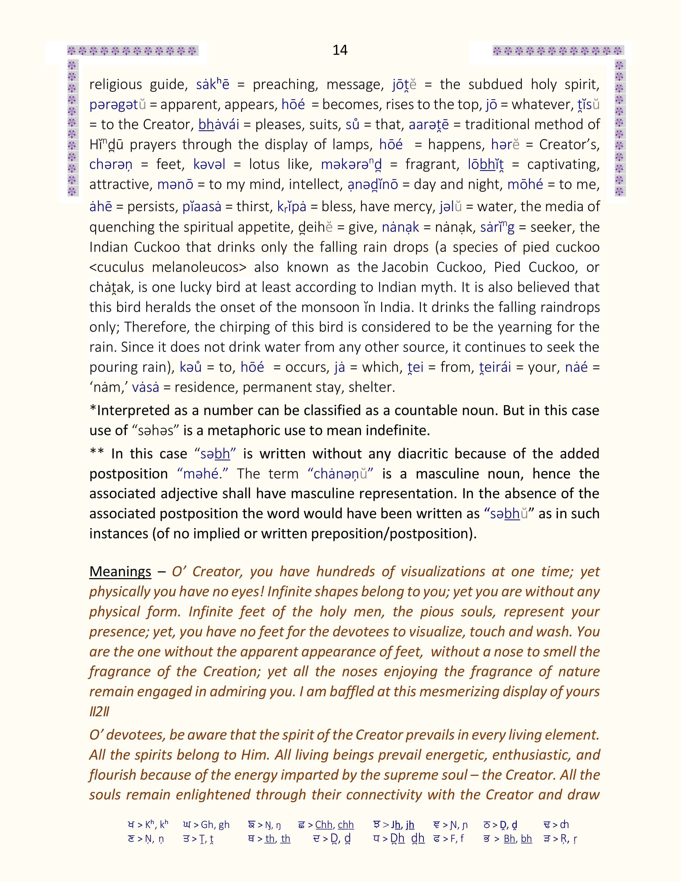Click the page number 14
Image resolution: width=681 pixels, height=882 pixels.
pyautogui.click(x=340, y=50)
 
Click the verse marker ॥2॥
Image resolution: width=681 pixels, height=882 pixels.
pyautogui.click(x=99, y=711)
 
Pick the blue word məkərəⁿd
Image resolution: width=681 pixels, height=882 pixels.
pyautogui.click(x=351, y=164)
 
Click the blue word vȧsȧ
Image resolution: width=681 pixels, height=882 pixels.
pyautogui.click(x=145, y=387)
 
